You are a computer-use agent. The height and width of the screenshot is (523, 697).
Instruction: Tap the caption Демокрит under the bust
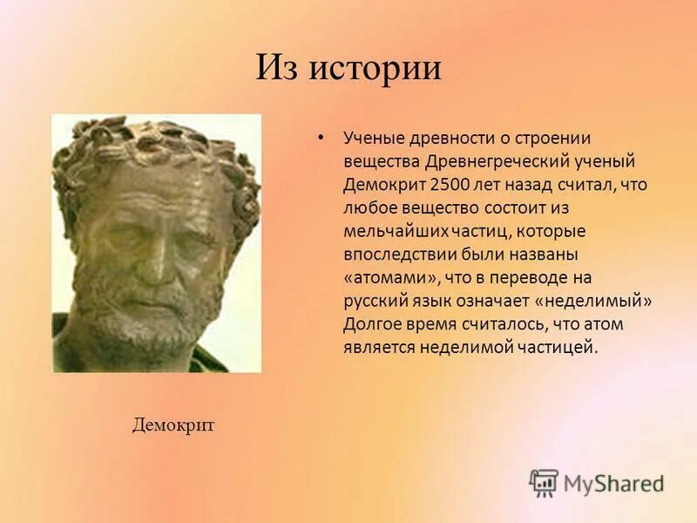173,425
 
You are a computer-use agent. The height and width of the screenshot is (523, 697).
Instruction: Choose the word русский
373,301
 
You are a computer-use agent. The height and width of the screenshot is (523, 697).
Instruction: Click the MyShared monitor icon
544,483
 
